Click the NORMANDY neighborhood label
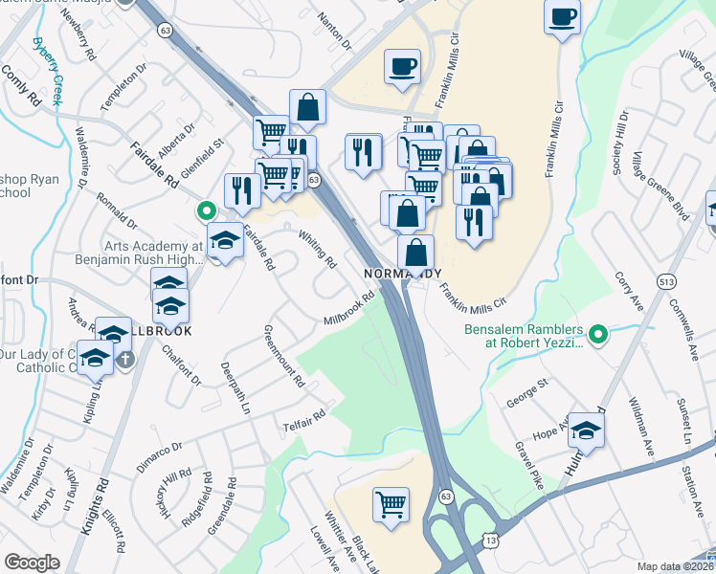click(403, 273)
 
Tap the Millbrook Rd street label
click(347, 312)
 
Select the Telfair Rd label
click(304, 420)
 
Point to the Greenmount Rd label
click(283, 356)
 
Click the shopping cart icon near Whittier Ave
click(390, 503)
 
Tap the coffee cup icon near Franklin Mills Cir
click(402, 66)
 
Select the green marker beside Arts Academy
click(206, 210)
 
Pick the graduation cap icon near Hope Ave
click(586, 431)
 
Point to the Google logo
click(32, 563)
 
